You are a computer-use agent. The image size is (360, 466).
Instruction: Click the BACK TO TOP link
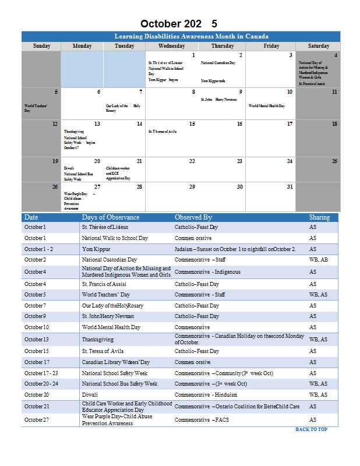(x=311, y=429)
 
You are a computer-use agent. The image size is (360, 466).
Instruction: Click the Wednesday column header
(x=171, y=46)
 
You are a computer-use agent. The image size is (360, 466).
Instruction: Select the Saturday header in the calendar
(x=318, y=46)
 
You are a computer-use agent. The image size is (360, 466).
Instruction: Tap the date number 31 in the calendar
(x=290, y=186)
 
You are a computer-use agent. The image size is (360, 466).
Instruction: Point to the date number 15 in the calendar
(x=192, y=124)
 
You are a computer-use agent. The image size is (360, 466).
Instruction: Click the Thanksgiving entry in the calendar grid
(x=74, y=132)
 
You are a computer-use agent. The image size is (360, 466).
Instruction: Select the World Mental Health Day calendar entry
(x=267, y=106)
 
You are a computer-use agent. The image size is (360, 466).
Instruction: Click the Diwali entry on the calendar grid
(x=69, y=168)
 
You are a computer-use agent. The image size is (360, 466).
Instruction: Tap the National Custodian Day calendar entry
(x=218, y=63)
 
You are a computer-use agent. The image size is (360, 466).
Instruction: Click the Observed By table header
(x=193, y=217)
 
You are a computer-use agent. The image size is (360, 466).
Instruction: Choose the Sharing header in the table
(x=319, y=217)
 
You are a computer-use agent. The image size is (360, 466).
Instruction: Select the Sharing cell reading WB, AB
(x=318, y=259)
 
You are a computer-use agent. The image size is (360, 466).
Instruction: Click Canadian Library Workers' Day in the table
(x=115, y=362)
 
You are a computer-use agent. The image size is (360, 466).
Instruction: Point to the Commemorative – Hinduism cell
(x=206, y=394)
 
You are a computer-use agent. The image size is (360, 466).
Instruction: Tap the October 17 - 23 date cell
(x=41, y=373)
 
